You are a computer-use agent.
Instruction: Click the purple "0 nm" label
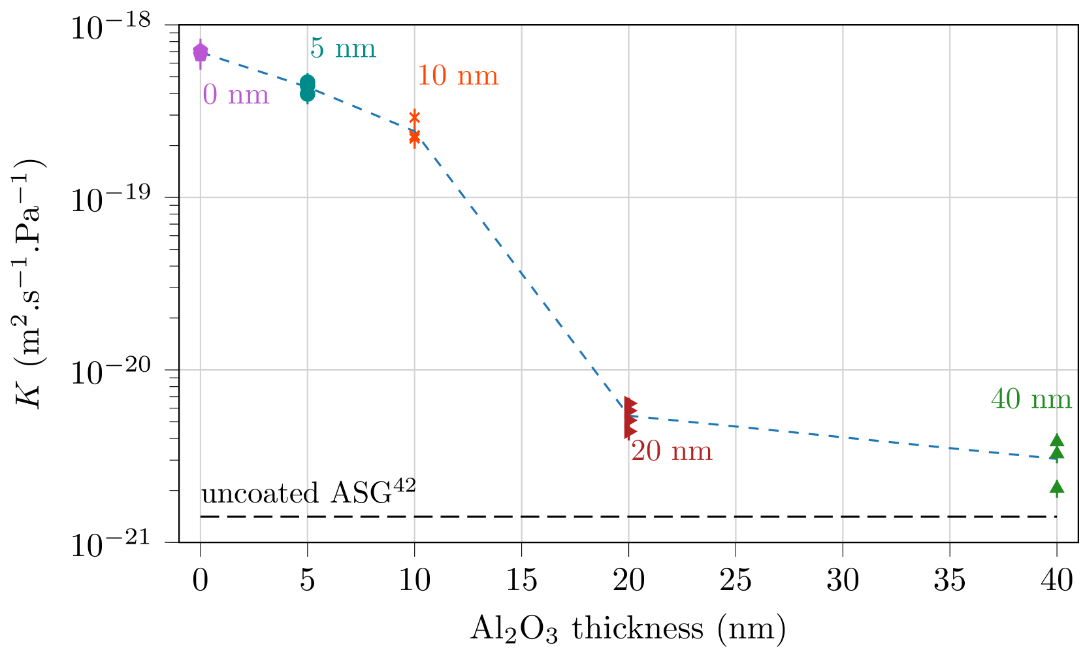236,95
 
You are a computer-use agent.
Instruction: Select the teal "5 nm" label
343,48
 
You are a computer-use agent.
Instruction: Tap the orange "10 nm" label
457,76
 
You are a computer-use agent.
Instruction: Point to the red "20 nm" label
671,451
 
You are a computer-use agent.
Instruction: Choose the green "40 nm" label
1031,399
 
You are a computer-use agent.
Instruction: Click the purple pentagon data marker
201,51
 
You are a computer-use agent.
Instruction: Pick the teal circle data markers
308,88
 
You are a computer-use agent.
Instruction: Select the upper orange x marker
415,118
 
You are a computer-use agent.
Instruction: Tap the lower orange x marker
415,138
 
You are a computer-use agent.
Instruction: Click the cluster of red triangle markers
630,417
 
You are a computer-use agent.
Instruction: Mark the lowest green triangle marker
1057,487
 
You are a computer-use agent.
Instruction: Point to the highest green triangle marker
1057,440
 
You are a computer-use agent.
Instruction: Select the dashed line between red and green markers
843,436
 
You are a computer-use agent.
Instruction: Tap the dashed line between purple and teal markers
255,69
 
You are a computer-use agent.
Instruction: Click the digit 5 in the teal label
317,48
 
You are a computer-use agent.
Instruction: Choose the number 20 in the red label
646,451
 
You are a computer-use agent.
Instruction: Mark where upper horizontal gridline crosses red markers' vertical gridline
629,197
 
